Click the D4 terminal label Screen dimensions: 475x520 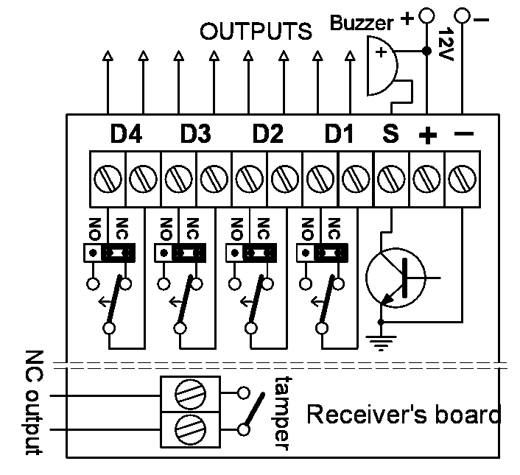[x=126, y=135]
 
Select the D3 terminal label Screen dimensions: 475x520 [x=195, y=135]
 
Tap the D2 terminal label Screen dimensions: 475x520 [x=267, y=135]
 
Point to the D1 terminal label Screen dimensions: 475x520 [x=339, y=135]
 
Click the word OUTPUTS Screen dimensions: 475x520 [x=256, y=32]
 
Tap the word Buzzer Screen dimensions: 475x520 [x=362, y=23]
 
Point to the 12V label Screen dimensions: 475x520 [x=444, y=46]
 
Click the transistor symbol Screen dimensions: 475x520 [x=396, y=278]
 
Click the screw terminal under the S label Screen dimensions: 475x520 [x=391, y=177]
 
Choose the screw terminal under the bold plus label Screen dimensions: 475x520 [x=426, y=177]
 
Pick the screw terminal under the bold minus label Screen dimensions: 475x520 [x=462, y=177]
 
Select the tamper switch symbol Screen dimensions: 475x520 [x=253, y=411]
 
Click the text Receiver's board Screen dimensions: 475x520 [x=403, y=415]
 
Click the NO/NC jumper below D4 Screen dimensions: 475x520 [x=110, y=253]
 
